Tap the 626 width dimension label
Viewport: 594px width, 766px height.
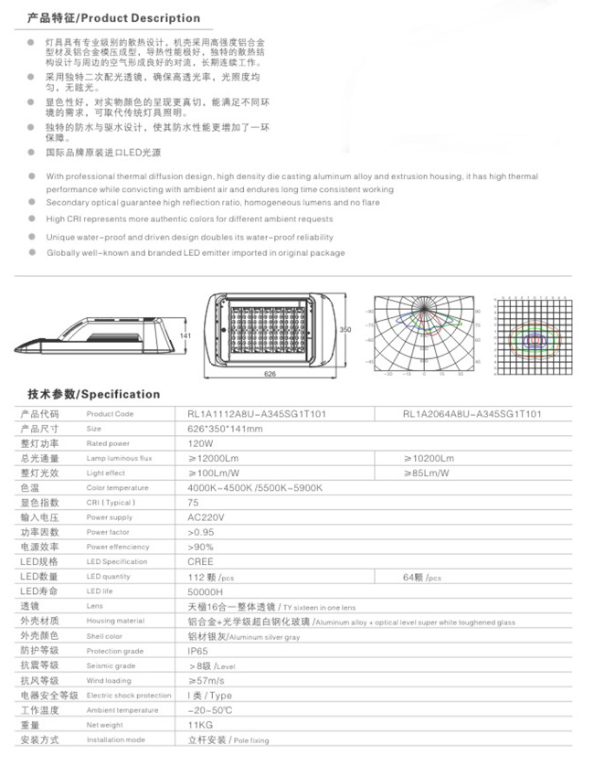pyautogui.click(x=270, y=375)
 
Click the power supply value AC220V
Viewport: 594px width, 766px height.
pyautogui.click(x=206, y=516)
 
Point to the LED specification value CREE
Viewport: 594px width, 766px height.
pyautogui.click(x=200, y=561)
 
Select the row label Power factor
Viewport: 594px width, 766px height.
pyautogui.click(x=108, y=531)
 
